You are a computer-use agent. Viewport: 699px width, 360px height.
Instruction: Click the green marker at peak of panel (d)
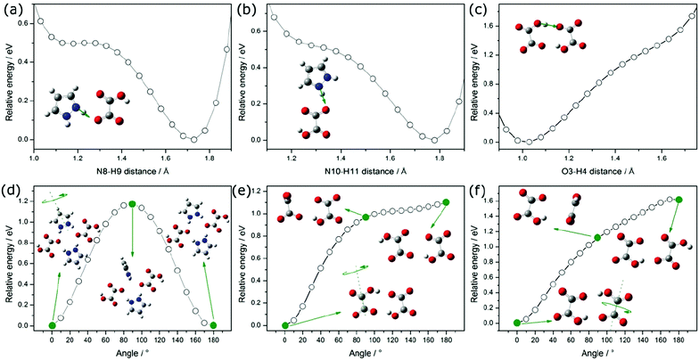coord(132,204)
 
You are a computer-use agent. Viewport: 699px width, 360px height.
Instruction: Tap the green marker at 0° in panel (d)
coord(52,325)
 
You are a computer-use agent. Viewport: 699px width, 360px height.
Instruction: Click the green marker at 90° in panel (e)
coord(366,217)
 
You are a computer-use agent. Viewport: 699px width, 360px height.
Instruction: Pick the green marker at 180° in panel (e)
coord(446,202)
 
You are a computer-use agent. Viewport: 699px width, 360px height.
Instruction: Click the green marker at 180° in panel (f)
coord(679,200)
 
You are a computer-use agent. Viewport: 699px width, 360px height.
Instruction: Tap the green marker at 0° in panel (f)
coord(517,323)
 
